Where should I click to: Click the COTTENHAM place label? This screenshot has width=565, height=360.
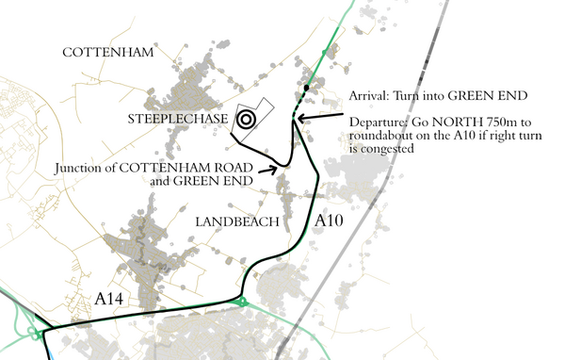tap(107, 53)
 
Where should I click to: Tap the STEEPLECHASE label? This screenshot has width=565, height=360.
tap(177, 119)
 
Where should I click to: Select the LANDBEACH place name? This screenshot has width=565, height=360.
tap(238, 221)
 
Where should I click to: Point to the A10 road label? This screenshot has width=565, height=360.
tap(331, 220)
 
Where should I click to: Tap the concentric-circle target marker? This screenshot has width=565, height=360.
tap(246, 119)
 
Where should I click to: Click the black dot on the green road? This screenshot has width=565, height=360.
tap(307, 89)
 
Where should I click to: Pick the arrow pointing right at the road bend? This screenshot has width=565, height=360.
tap(266, 171)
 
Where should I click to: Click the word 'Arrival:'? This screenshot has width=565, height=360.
tap(369, 95)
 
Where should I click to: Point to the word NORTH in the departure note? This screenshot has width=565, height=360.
tap(448, 123)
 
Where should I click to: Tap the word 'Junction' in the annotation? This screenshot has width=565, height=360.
tap(81, 169)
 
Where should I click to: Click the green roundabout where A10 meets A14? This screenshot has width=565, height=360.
tap(242, 303)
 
